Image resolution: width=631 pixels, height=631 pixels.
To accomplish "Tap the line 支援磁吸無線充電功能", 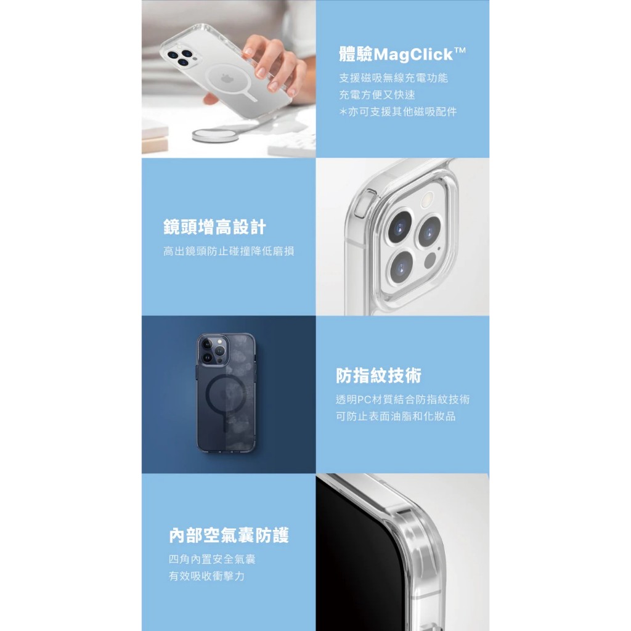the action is (x=393, y=78).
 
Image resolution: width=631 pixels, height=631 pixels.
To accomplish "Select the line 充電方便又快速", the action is (x=377, y=95).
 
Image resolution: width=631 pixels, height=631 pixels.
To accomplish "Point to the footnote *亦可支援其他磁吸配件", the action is (x=397, y=112).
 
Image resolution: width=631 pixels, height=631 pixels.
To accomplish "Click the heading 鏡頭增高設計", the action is (x=214, y=227).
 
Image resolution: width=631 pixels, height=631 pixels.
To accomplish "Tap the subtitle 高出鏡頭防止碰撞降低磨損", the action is (x=229, y=251).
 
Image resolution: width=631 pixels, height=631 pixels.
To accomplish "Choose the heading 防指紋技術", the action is (x=379, y=375).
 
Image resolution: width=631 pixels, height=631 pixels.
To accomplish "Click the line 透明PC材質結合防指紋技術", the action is (x=403, y=399).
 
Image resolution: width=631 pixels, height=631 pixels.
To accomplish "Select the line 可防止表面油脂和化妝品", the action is (x=396, y=417).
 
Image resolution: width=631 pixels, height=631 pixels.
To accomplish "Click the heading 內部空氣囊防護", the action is (x=229, y=535).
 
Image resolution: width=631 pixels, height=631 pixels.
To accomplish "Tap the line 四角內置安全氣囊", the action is (x=212, y=560).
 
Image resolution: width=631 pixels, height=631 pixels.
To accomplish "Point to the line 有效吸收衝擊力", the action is (x=206, y=576).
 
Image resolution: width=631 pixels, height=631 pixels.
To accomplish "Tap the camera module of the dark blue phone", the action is (x=213, y=349).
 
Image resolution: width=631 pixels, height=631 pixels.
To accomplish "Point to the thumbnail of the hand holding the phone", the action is (x=229, y=79).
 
